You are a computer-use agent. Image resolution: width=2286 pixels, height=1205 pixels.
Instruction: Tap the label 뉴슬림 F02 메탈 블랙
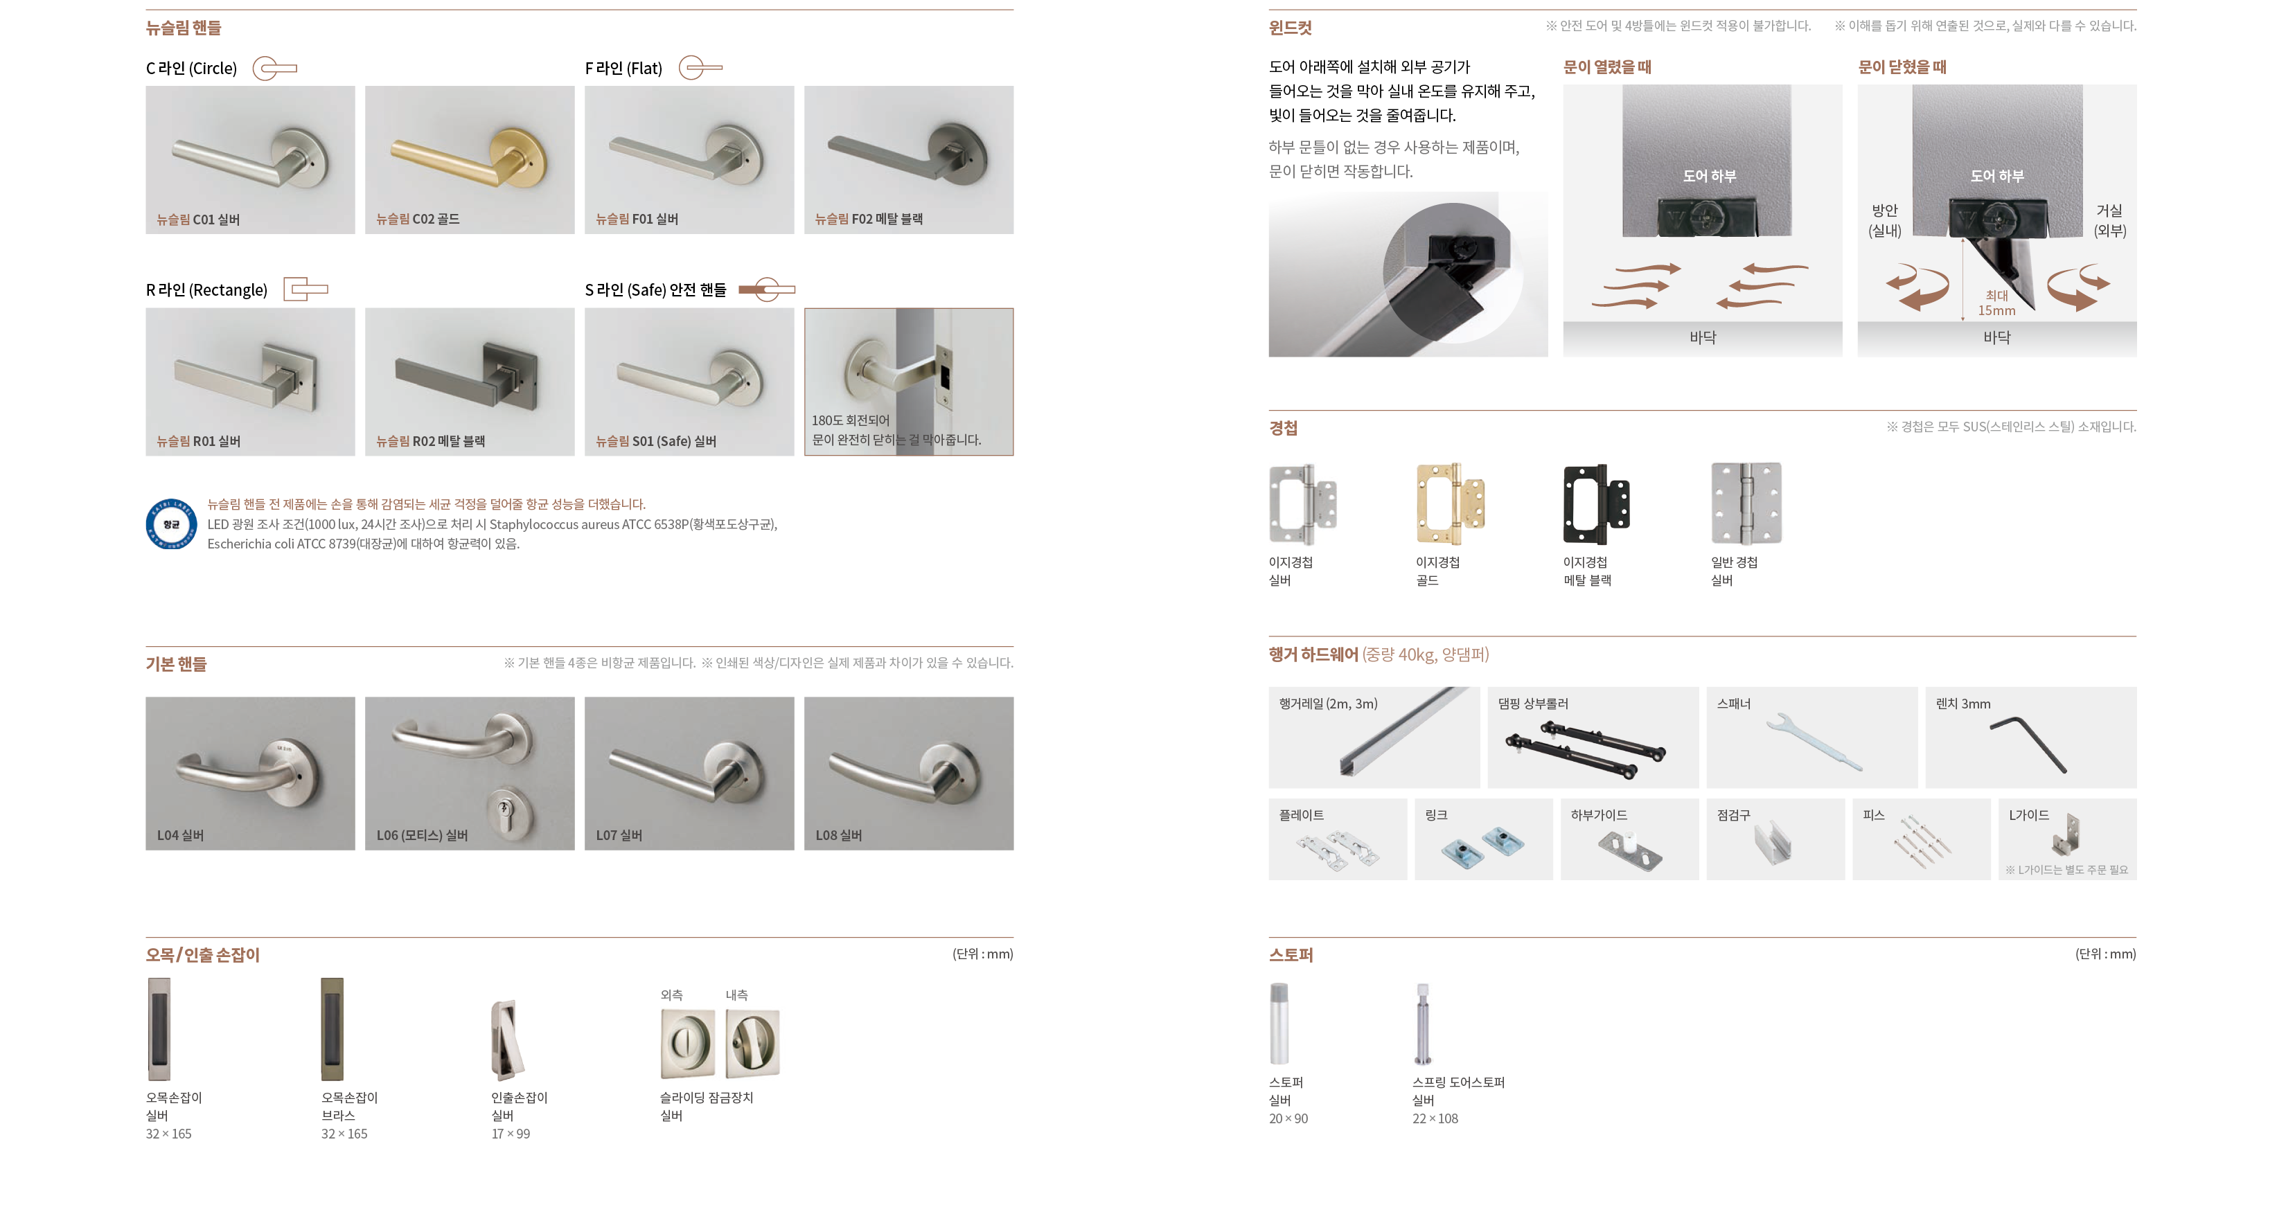click(x=869, y=219)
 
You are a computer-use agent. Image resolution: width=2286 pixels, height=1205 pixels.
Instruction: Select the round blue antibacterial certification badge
click(x=171, y=524)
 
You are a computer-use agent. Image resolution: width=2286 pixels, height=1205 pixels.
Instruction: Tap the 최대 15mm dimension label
click(x=1996, y=303)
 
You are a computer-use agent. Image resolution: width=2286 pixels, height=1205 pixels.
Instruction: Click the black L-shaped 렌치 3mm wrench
click(x=2028, y=744)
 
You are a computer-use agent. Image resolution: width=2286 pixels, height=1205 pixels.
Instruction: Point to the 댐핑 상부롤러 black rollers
click(x=1585, y=751)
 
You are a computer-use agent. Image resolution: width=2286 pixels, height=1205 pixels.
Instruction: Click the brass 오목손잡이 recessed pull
click(x=332, y=1029)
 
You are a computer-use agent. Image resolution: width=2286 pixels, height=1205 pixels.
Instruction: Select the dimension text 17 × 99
click(x=511, y=1134)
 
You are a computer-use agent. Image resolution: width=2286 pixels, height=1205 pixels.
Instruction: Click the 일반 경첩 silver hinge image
click(x=1746, y=503)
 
